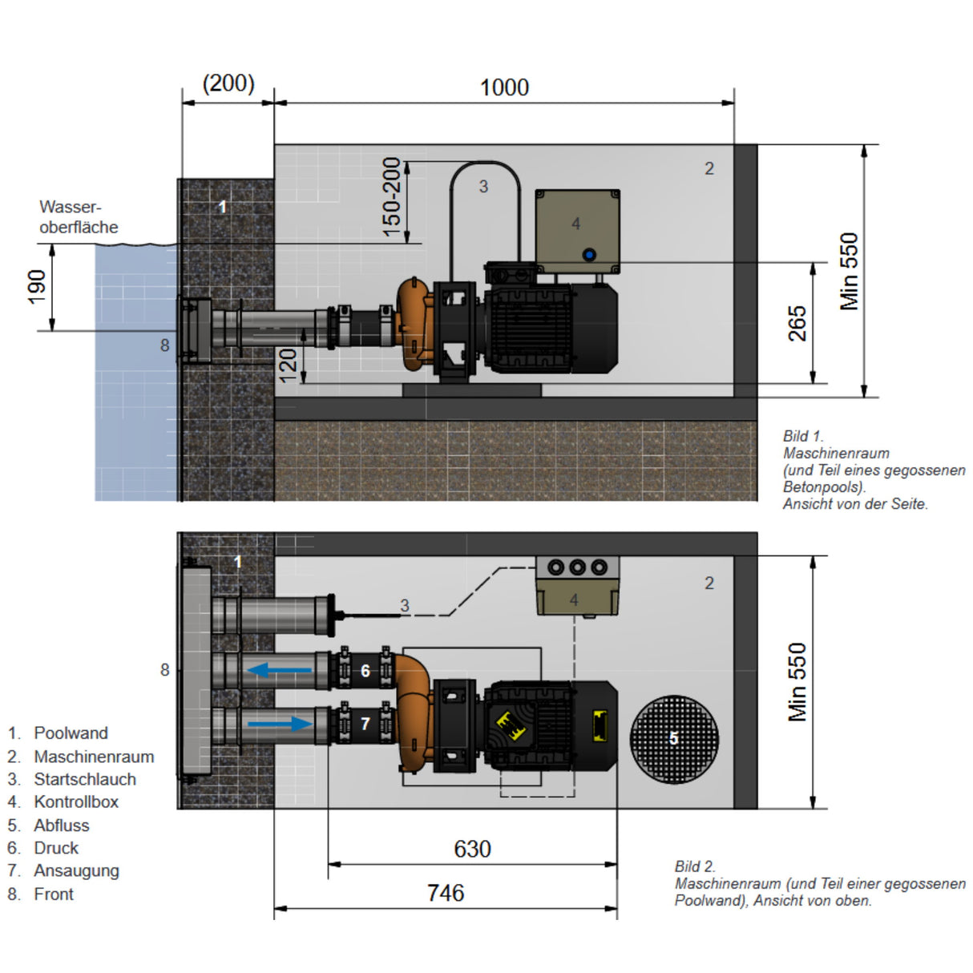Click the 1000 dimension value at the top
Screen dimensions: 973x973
point(504,87)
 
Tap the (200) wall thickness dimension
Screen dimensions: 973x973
point(228,83)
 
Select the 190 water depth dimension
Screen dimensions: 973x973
point(37,286)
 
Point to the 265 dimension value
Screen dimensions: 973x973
point(797,323)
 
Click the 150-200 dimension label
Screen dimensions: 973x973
point(391,196)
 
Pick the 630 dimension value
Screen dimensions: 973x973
point(472,849)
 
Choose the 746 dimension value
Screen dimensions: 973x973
point(446,893)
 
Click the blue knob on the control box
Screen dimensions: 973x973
point(589,255)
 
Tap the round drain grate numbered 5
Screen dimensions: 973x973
point(673,738)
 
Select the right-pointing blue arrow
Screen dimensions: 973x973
point(280,724)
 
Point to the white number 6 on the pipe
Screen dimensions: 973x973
point(365,671)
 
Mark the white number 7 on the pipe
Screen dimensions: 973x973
point(365,724)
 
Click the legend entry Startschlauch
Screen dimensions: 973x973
point(84,779)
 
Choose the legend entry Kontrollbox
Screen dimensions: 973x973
point(75,801)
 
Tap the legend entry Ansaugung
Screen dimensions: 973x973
point(76,870)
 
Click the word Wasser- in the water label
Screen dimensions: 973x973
point(70,208)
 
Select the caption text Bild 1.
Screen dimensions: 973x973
point(803,436)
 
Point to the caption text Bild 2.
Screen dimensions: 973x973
point(695,866)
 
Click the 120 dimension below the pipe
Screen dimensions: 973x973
point(288,365)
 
